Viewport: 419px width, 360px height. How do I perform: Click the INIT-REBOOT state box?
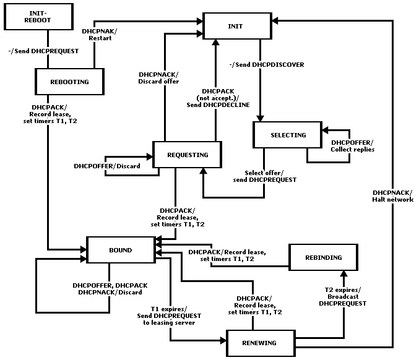click(39, 17)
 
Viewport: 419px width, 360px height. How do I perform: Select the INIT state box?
click(237, 26)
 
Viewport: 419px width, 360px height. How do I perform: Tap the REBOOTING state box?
click(69, 82)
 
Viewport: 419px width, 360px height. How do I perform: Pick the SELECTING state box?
click(288, 135)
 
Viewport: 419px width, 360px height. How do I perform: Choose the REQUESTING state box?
click(187, 155)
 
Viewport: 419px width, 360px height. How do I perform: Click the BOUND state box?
click(121, 250)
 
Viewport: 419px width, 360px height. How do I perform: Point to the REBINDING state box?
click(323, 257)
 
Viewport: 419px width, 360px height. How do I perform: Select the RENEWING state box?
click(261, 343)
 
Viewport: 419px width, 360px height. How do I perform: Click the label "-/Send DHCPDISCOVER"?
click(267, 64)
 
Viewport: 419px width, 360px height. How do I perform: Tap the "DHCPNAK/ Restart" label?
click(100, 35)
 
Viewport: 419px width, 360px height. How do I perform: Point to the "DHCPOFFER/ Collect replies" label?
click(352, 146)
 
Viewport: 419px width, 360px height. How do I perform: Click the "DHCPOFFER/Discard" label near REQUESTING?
click(107, 166)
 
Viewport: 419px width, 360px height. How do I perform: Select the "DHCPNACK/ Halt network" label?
click(392, 196)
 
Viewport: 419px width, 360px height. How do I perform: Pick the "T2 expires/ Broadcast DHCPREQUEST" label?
click(343, 297)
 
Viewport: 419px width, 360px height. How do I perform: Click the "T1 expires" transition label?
click(169, 309)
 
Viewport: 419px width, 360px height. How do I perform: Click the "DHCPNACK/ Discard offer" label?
click(158, 78)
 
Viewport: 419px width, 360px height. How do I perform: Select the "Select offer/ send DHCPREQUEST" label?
click(264, 176)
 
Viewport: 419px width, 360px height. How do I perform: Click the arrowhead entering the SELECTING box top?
click(261, 118)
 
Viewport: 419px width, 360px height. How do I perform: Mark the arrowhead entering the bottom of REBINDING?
click(343, 273)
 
